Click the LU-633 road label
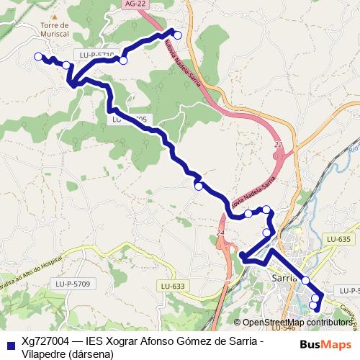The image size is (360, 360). (174, 287)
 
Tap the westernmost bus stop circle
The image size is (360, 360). (38, 56)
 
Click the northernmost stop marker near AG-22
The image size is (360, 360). (178, 34)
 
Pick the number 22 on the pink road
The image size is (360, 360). (279, 145)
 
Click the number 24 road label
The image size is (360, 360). (220, 233)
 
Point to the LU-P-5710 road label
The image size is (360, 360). (96, 55)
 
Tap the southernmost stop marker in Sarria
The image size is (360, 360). (313, 306)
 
